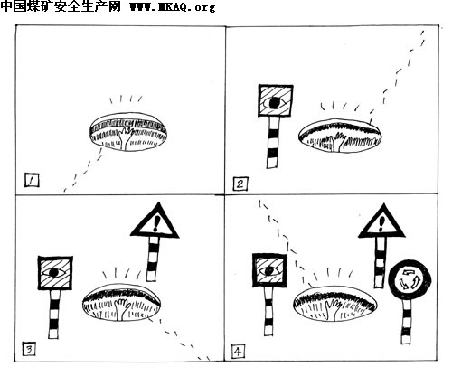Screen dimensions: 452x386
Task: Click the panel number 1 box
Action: pyautogui.click(x=32, y=180)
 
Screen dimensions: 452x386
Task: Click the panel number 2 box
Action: pyautogui.click(x=240, y=184)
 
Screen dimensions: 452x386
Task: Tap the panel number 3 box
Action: pyautogui.click(x=29, y=349)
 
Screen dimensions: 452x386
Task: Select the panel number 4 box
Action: pyautogui.click(x=238, y=352)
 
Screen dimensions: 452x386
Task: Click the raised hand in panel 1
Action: pyautogui.click(x=126, y=138)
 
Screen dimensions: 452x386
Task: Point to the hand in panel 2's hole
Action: pyautogui.click(x=338, y=142)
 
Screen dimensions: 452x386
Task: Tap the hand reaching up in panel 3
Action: pyautogui.click(x=122, y=309)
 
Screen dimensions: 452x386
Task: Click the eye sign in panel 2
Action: pyautogui.click(x=276, y=101)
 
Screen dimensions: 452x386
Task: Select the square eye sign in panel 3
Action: pyautogui.click(x=55, y=273)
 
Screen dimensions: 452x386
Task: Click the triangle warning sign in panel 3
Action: pyautogui.click(x=155, y=221)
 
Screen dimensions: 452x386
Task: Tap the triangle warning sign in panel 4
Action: pyautogui.click(x=381, y=222)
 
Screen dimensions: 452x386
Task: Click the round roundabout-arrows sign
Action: pyautogui.click(x=410, y=279)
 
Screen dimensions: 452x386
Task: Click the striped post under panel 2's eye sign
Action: pyautogui.click(x=273, y=142)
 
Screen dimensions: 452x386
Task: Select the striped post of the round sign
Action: pyautogui.click(x=407, y=322)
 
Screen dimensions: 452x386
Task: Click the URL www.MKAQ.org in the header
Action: pyautogui.click(x=173, y=6)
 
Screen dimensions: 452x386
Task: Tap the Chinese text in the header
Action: pyautogui.click(x=61, y=6)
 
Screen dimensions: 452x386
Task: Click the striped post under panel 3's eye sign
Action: pyautogui.click(x=54, y=314)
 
